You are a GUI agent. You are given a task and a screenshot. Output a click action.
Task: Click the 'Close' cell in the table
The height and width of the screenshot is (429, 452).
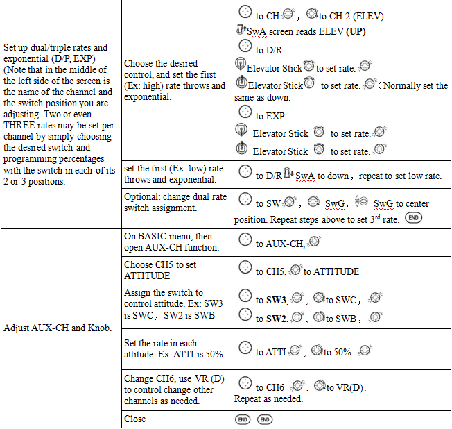pyautogui.click(x=135, y=419)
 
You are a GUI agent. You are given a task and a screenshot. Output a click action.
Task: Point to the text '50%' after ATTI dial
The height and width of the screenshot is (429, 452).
pyautogui.click(x=341, y=352)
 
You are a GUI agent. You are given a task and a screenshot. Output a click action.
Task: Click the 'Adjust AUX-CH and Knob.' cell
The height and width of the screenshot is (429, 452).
pyautogui.click(x=58, y=327)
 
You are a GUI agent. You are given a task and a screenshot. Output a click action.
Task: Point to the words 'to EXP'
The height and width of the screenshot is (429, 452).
pyautogui.click(x=270, y=116)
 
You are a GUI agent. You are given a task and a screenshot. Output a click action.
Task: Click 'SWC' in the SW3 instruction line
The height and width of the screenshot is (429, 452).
pyautogui.click(x=347, y=300)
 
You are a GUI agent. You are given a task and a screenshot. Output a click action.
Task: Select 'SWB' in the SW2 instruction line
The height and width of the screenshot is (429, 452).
pyautogui.click(x=347, y=318)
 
